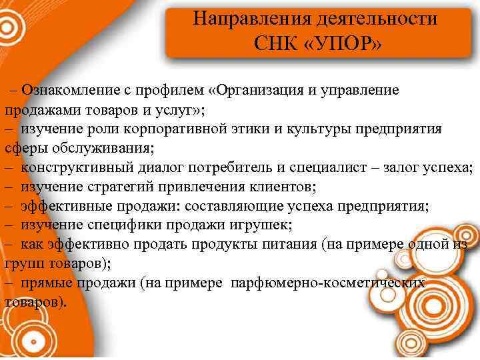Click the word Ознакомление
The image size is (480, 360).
66,89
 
